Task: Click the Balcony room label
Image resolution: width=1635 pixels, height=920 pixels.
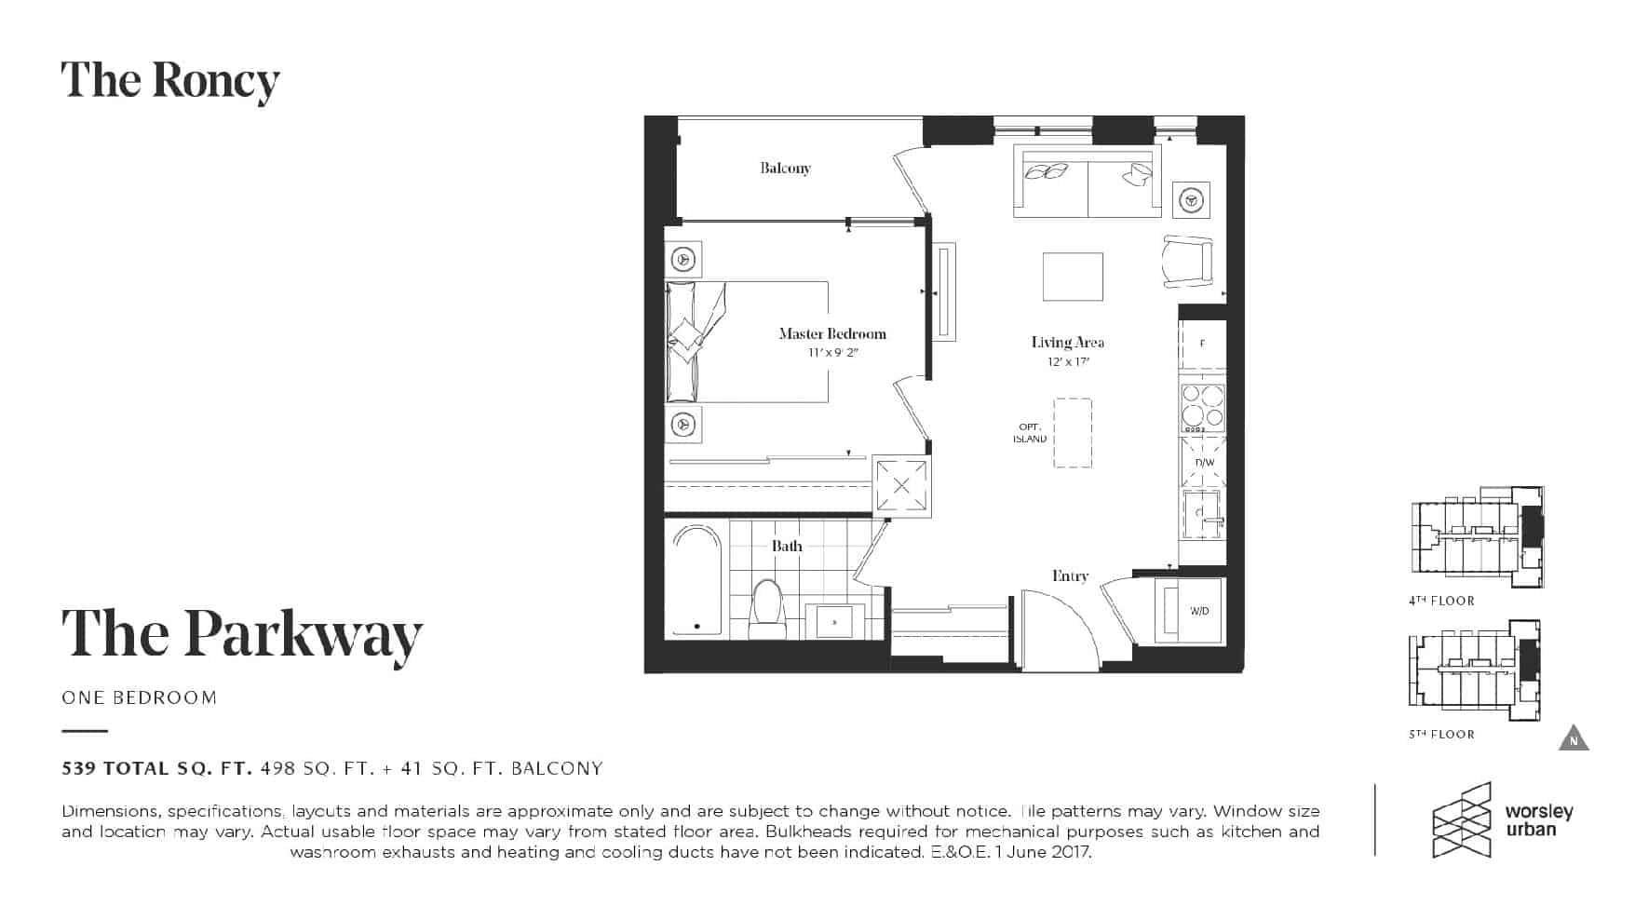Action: (785, 169)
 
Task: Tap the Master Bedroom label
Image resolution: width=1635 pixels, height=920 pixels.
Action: (832, 333)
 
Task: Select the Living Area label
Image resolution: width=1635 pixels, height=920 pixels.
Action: (1067, 342)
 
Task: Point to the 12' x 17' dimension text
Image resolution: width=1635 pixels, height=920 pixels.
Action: (1068, 361)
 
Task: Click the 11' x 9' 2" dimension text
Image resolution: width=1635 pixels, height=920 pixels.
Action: (832, 353)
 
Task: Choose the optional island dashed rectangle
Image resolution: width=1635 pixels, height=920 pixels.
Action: (1072, 433)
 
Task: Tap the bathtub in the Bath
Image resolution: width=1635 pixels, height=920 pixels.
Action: (696, 580)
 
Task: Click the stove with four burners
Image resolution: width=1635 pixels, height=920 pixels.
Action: (1202, 408)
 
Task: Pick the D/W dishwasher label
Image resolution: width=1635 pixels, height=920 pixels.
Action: (1204, 463)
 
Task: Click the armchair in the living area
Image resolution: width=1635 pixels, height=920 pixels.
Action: (1188, 262)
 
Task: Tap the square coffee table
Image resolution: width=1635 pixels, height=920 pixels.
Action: (1073, 277)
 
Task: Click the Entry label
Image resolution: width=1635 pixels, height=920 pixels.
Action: (1070, 575)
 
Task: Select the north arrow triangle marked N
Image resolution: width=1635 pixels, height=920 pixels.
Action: (1574, 737)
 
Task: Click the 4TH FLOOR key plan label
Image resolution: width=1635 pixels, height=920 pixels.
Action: (1441, 601)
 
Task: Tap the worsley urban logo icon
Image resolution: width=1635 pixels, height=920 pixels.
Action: (1462, 819)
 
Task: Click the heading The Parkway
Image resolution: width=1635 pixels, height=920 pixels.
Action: (242, 635)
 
